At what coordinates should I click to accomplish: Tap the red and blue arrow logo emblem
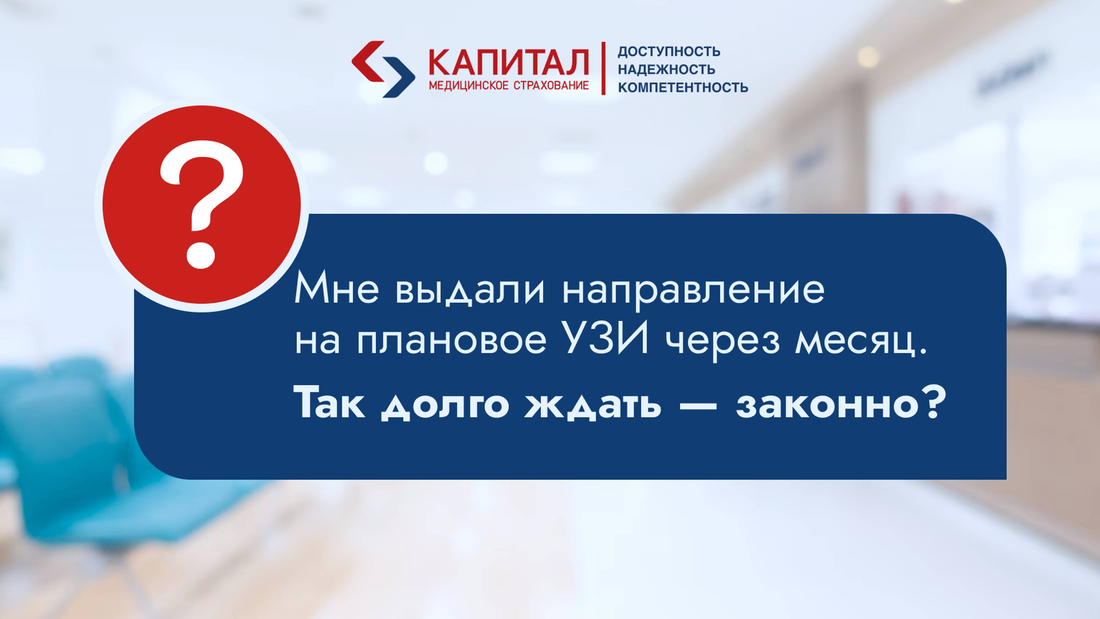pyautogui.click(x=383, y=69)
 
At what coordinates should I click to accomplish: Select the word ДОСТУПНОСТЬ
pyautogui.click(x=669, y=52)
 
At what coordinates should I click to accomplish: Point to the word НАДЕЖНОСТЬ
pyautogui.click(x=666, y=69)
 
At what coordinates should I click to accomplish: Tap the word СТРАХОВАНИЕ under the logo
pyautogui.click(x=551, y=85)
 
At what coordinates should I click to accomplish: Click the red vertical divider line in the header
pyautogui.click(x=603, y=68)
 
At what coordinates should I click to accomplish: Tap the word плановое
pyautogui.click(x=452, y=342)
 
